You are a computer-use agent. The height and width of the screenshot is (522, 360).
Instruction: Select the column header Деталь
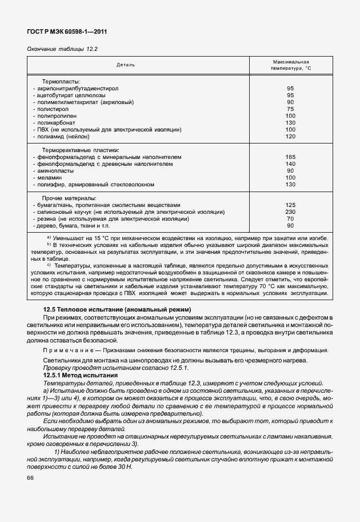coord(126,65)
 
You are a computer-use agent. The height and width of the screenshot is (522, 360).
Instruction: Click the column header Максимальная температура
coord(290,65)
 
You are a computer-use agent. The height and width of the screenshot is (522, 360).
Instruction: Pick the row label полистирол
coord(51,109)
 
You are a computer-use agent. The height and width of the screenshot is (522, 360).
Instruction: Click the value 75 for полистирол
coord(290,109)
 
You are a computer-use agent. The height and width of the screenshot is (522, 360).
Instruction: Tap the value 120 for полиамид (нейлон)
coord(290,137)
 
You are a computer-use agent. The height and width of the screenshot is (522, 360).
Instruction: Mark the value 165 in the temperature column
coord(290,157)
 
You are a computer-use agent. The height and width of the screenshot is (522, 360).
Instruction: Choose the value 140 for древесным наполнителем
coord(290,164)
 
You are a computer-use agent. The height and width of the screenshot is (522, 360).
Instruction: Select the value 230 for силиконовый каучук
coord(290,212)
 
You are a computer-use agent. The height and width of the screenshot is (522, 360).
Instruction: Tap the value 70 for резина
coord(290,218)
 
